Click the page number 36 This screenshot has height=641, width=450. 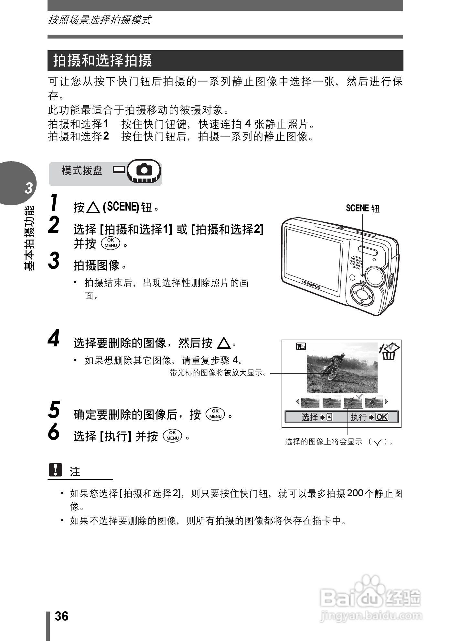point(61,616)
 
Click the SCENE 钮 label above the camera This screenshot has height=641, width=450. point(362,208)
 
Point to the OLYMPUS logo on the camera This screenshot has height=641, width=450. point(311,285)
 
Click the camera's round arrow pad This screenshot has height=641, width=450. point(362,295)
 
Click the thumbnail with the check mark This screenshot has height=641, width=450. point(353,401)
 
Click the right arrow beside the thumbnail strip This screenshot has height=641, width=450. point(387,401)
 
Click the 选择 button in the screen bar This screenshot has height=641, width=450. point(316,417)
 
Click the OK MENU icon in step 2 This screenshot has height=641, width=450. point(111,243)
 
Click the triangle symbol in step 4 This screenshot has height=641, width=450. point(224,343)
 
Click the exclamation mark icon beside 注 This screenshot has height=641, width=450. point(55,470)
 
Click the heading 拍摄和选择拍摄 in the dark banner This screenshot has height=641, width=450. point(102,61)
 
